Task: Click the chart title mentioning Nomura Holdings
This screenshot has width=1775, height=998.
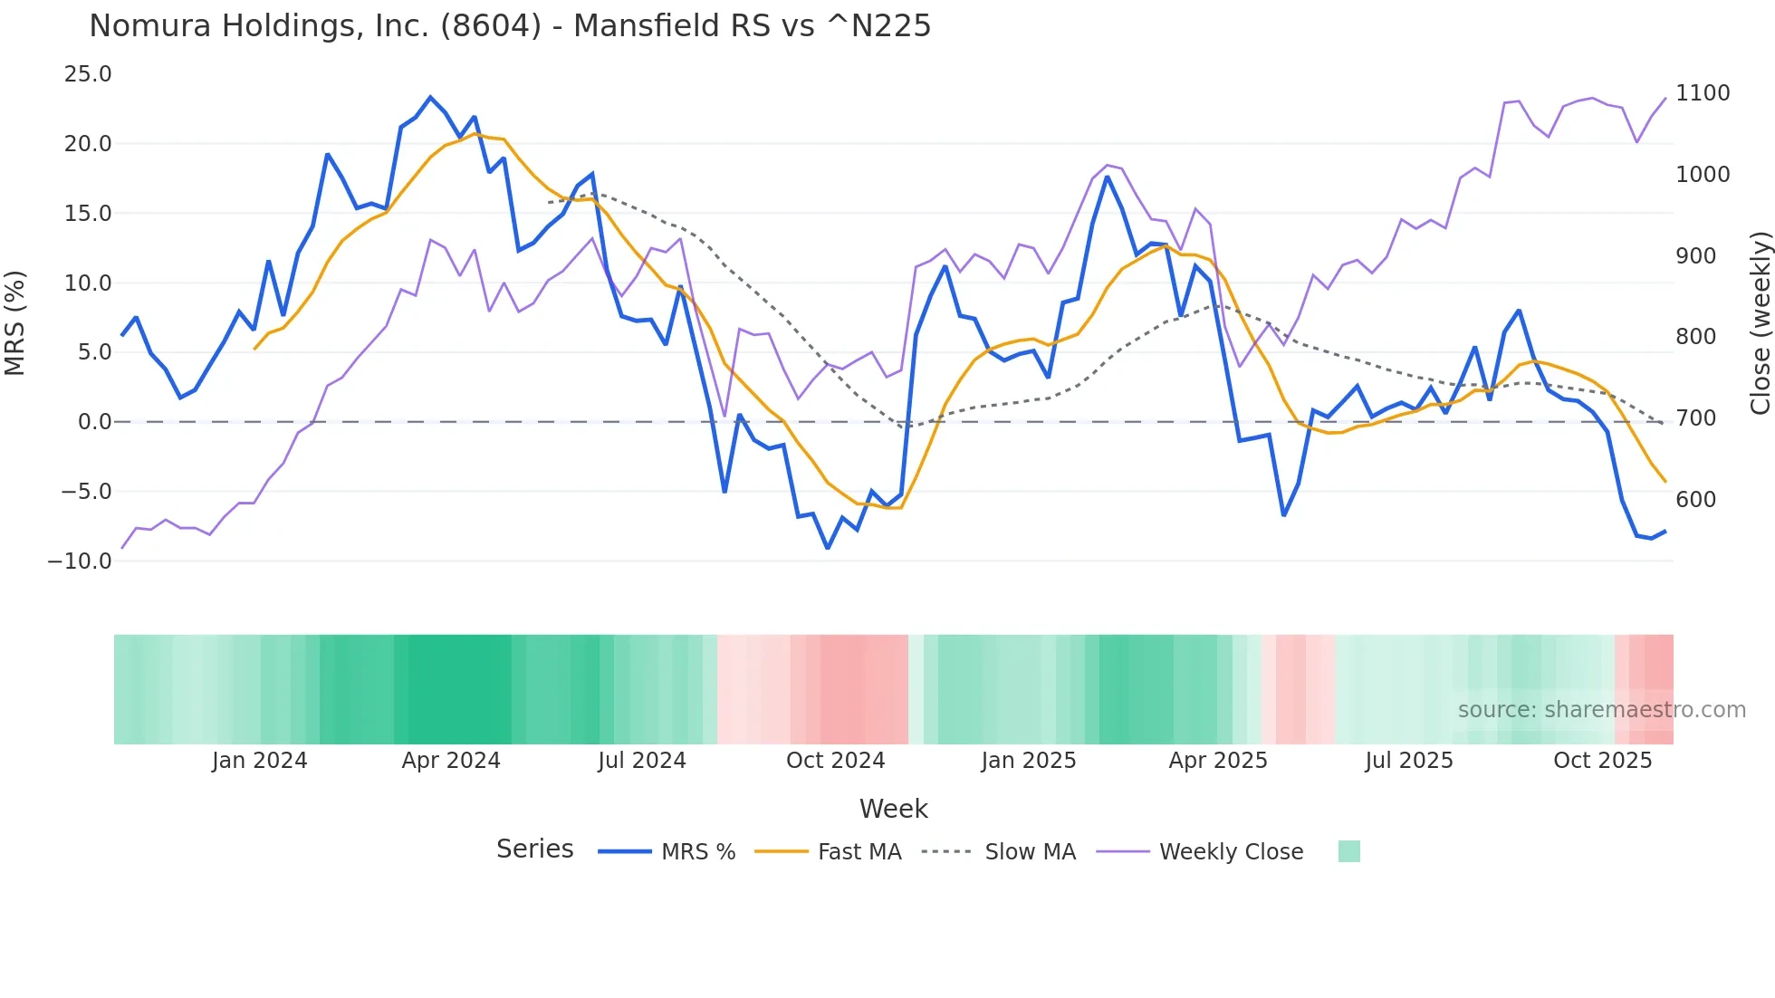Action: [x=510, y=26]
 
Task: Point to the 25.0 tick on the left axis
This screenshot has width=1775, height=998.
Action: [x=88, y=74]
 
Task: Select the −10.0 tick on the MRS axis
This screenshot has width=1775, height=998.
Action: [x=80, y=561]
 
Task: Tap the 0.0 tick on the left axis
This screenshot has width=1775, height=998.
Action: [x=94, y=422]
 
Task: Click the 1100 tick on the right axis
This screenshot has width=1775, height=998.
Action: [x=1703, y=93]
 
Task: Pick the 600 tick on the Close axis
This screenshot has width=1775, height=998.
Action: [x=1695, y=500]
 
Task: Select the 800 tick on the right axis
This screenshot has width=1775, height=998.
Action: [x=1695, y=337]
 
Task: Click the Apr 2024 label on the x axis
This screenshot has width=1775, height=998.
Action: [x=451, y=761]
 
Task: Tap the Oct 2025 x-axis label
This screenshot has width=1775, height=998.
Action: [x=1602, y=761]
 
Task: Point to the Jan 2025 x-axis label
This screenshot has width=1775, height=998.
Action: [x=1028, y=761]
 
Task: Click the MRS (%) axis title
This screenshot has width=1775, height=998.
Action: [x=15, y=322]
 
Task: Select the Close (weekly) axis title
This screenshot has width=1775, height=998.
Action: [x=1760, y=322]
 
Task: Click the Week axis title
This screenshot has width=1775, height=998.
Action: [x=893, y=809]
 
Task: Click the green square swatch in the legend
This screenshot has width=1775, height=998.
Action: [x=1348, y=851]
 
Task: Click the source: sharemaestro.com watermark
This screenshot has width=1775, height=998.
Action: [x=1601, y=710]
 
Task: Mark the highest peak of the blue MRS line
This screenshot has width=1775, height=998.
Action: [x=430, y=97]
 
